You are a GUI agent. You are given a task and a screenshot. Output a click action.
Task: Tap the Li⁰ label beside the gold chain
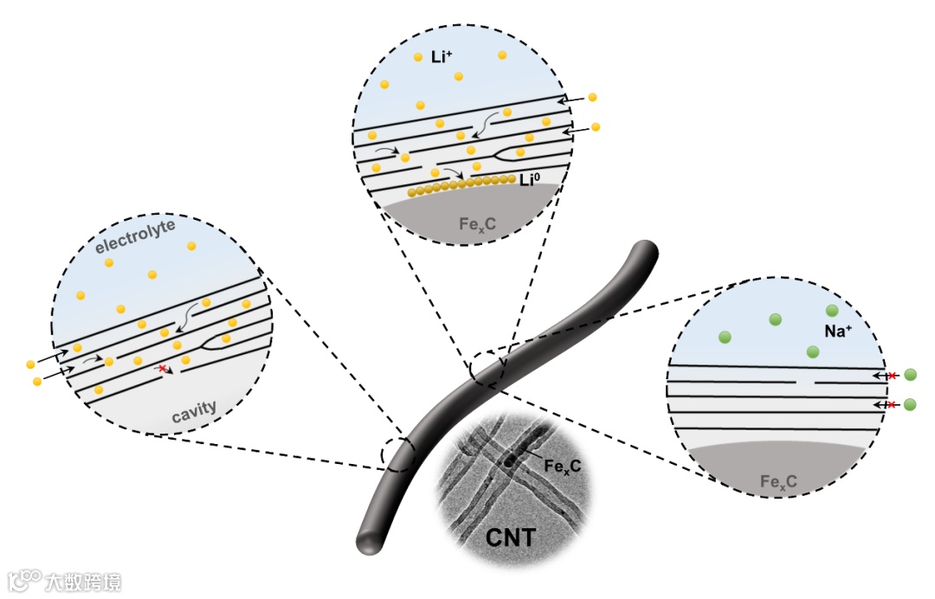coord(531,180)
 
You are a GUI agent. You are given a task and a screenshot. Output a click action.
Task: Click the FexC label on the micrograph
coord(562,466)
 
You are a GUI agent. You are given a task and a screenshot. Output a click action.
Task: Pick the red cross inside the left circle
coord(161,369)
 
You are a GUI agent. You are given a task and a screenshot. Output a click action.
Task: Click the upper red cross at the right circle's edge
coord(892,376)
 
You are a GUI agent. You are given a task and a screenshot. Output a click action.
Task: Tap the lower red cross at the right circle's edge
coord(892,404)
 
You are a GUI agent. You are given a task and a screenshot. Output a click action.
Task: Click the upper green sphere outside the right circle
coord(910,376)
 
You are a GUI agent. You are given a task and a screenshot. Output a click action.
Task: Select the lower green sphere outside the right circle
coord(910,404)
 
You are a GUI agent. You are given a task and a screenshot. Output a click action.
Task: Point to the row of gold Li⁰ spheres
coord(459,184)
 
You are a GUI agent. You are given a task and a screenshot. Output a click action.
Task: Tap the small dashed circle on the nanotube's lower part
coord(399,454)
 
